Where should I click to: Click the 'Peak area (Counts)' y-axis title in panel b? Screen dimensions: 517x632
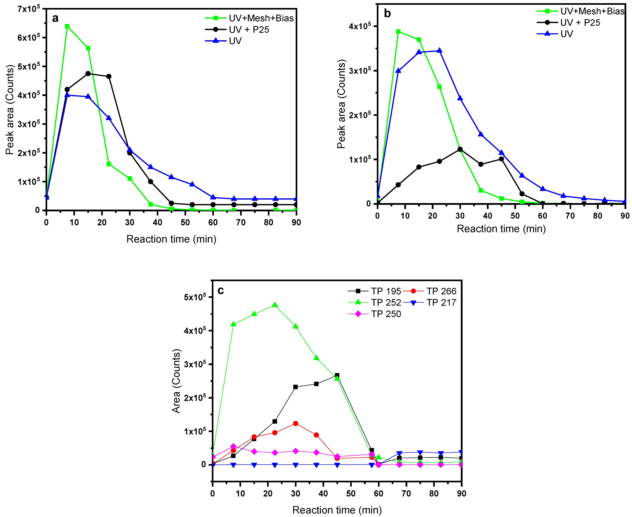341,104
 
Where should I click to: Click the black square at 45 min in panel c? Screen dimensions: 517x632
337,375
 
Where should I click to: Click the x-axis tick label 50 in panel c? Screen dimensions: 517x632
351,493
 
